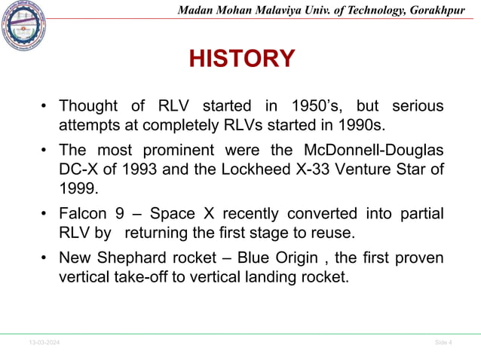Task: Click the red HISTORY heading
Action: [x=240, y=59]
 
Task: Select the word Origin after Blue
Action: [x=290, y=258]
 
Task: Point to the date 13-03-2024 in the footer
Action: [x=44, y=343]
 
